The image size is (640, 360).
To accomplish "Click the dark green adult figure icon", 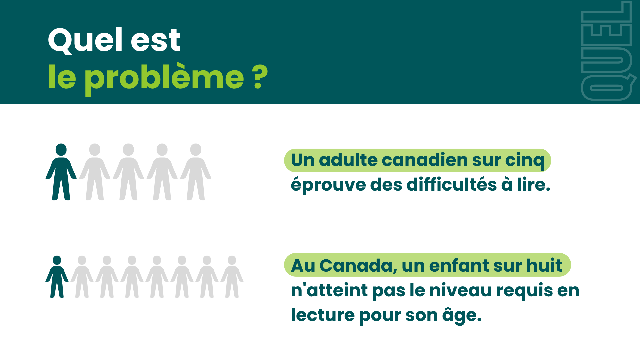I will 61,172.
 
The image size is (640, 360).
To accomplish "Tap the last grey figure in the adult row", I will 196,172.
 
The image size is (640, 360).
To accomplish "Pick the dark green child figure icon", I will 57,277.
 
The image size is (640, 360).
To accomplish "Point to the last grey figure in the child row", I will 232,277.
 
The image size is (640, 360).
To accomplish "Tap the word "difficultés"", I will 451,185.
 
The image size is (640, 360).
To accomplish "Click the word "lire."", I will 533,185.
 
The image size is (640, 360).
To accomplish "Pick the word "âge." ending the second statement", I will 462,316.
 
